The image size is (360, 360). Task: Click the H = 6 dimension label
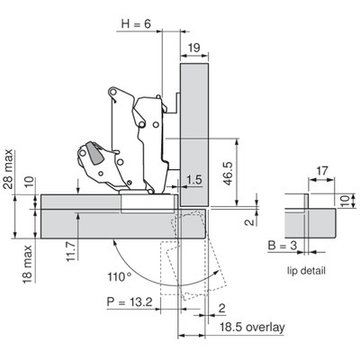pyautogui.click(x=136, y=23)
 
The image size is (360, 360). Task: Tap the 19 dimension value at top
pyautogui.click(x=194, y=48)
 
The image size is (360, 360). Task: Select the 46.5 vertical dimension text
pyautogui.click(x=228, y=174)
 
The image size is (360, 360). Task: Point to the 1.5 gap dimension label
pyautogui.click(x=194, y=180)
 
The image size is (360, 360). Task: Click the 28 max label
pyautogui.click(x=8, y=168)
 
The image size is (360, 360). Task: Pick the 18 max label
pyautogui.click(x=27, y=264)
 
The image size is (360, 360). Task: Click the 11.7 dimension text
pyautogui.click(x=72, y=251)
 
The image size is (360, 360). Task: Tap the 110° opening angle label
pyautogui.click(x=120, y=276)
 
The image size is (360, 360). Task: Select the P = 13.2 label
pyautogui.click(x=130, y=301)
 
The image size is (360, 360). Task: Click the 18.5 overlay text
pyautogui.click(x=252, y=328)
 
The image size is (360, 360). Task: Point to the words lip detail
pyautogui.click(x=306, y=271)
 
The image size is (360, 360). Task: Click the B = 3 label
pyautogui.click(x=283, y=246)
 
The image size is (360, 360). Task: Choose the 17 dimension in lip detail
pyautogui.click(x=322, y=171)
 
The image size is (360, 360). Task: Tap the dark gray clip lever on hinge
pyautogui.click(x=94, y=153)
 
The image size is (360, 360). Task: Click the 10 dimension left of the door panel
pyautogui.click(x=30, y=182)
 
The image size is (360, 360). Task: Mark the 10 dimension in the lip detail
pyautogui.click(x=346, y=201)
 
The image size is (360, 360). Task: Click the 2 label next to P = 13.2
pyautogui.click(x=222, y=309)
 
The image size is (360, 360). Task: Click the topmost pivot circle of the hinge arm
pyautogui.click(x=112, y=90)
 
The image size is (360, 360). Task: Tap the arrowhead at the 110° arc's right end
pyautogui.click(x=217, y=272)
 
